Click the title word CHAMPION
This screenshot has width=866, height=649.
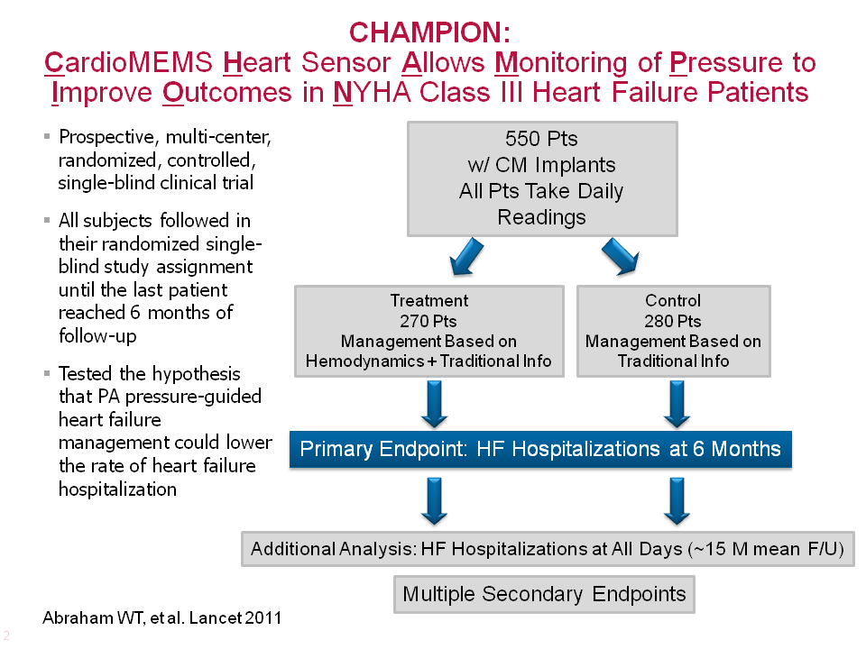click(428, 32)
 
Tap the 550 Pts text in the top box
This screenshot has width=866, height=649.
click(541, 139)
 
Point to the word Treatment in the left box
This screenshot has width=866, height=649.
click(428, 301)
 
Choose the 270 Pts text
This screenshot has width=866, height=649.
click(428, 321)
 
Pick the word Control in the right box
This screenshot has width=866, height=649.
click(673, 301)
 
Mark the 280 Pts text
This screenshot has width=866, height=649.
click(673, 321)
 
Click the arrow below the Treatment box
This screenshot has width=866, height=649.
click(434, 404)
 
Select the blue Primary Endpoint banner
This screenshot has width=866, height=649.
click(539, 449)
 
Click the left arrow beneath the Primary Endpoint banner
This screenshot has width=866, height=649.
click(434, 500)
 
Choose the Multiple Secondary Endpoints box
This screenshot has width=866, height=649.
click(544, 594)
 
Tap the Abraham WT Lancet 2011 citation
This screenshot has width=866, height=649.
click(162, 618)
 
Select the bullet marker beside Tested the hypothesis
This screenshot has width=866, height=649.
click(47, 373)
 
